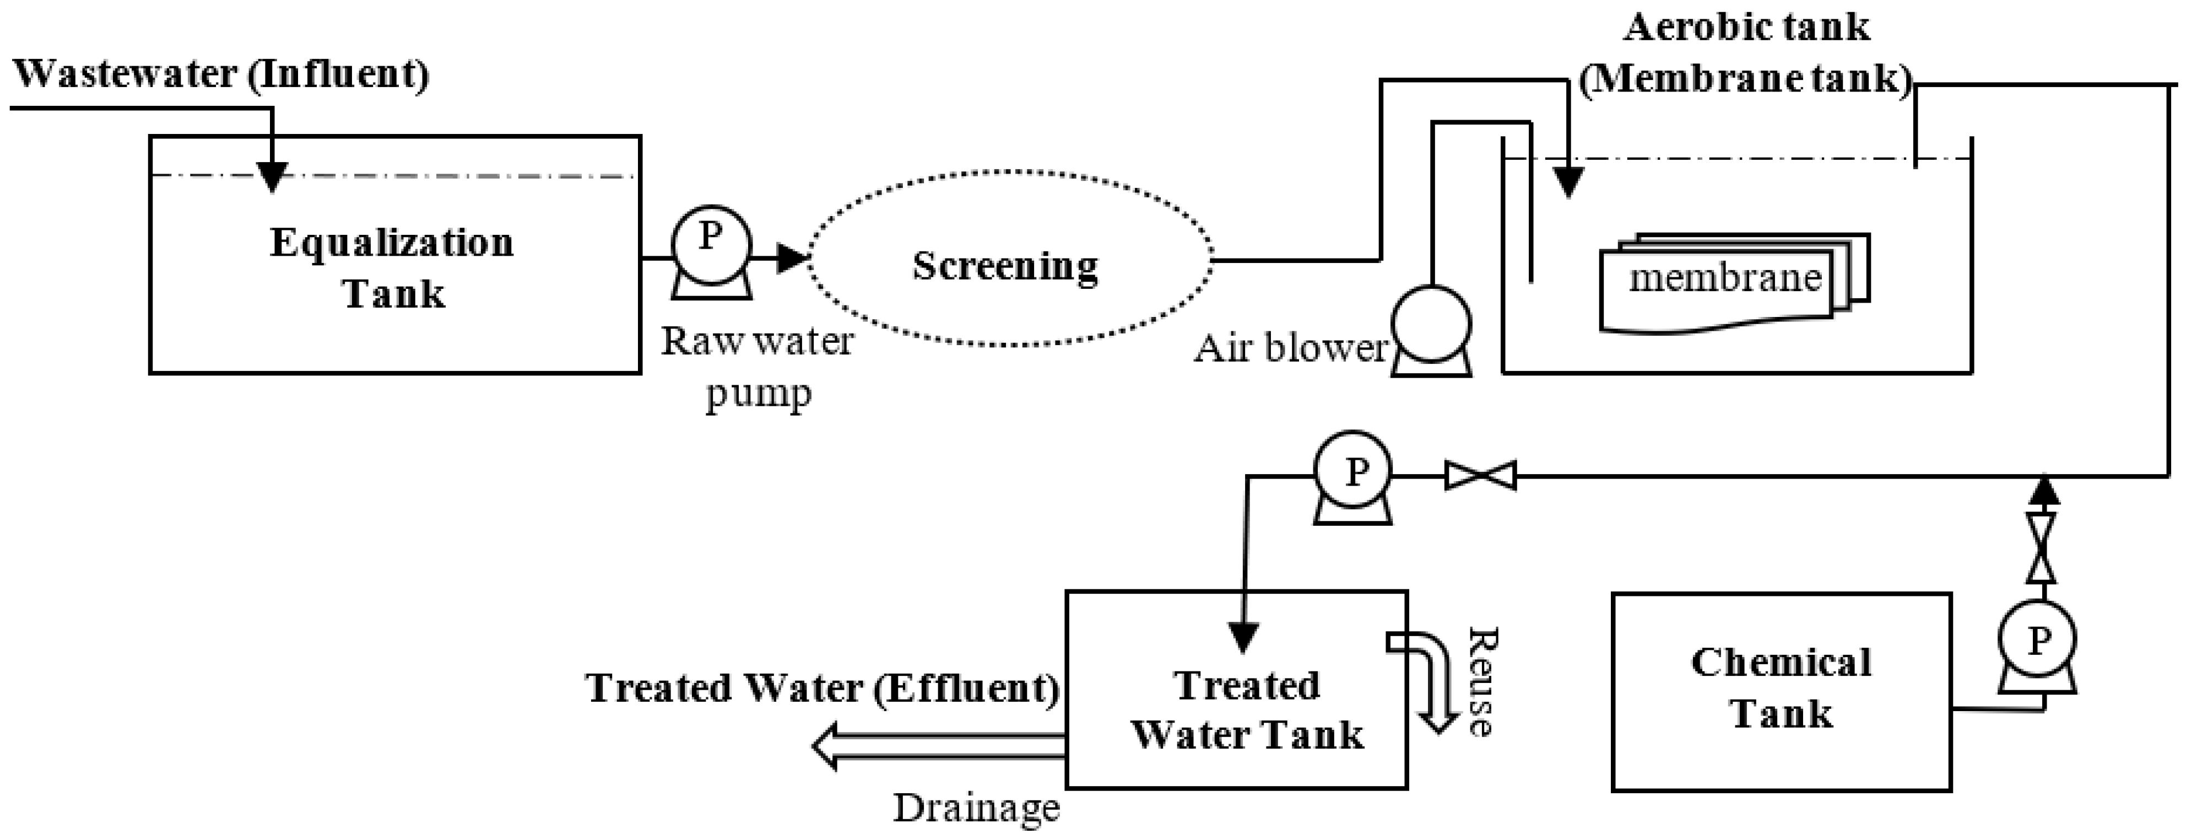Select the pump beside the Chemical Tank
coord(2037,641)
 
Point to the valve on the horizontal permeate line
coord(1480,476)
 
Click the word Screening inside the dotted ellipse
coord(1005,266)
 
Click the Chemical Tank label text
coord(1781,688)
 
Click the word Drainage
coord(976,808)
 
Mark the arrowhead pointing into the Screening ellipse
coord(791,257)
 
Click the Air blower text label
coord(1289,348)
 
